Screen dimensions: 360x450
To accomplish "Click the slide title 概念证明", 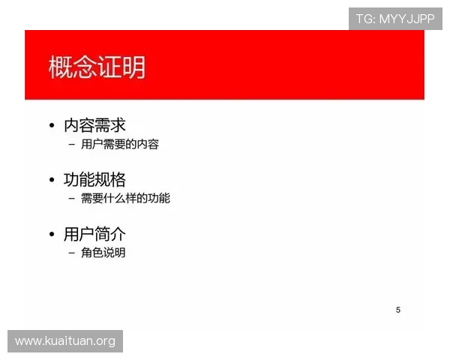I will tap(97, 67).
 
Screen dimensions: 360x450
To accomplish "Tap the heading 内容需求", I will tap(94, 125).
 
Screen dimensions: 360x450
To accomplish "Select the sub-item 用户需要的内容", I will tap(120, 144).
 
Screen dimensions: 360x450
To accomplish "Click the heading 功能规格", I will tap(94, 180).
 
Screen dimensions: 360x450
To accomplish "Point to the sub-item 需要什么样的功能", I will tap(125, 198).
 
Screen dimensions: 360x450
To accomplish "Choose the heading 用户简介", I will tap(94, 234).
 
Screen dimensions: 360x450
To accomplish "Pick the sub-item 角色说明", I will tap(103, 253).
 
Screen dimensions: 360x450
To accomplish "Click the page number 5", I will tap(398, 310).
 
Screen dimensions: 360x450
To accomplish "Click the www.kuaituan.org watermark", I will tap(65, 341).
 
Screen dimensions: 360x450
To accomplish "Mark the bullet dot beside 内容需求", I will tap(51, 126).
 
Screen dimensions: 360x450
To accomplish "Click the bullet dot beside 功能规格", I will tap(51, 181).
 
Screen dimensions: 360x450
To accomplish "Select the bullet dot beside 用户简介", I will tap(51, 235).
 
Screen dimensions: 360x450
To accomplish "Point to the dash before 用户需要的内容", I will tap(71, 144).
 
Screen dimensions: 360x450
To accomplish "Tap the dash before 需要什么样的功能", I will tap(71, 199).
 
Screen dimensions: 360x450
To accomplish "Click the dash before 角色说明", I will tap(71, 253).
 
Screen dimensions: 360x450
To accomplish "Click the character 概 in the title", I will tap(61, 67).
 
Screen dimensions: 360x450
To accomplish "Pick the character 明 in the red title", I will tap(133, 67).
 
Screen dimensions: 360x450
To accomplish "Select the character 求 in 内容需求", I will tap(117, 125).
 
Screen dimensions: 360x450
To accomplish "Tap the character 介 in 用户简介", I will tap(117, 234).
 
